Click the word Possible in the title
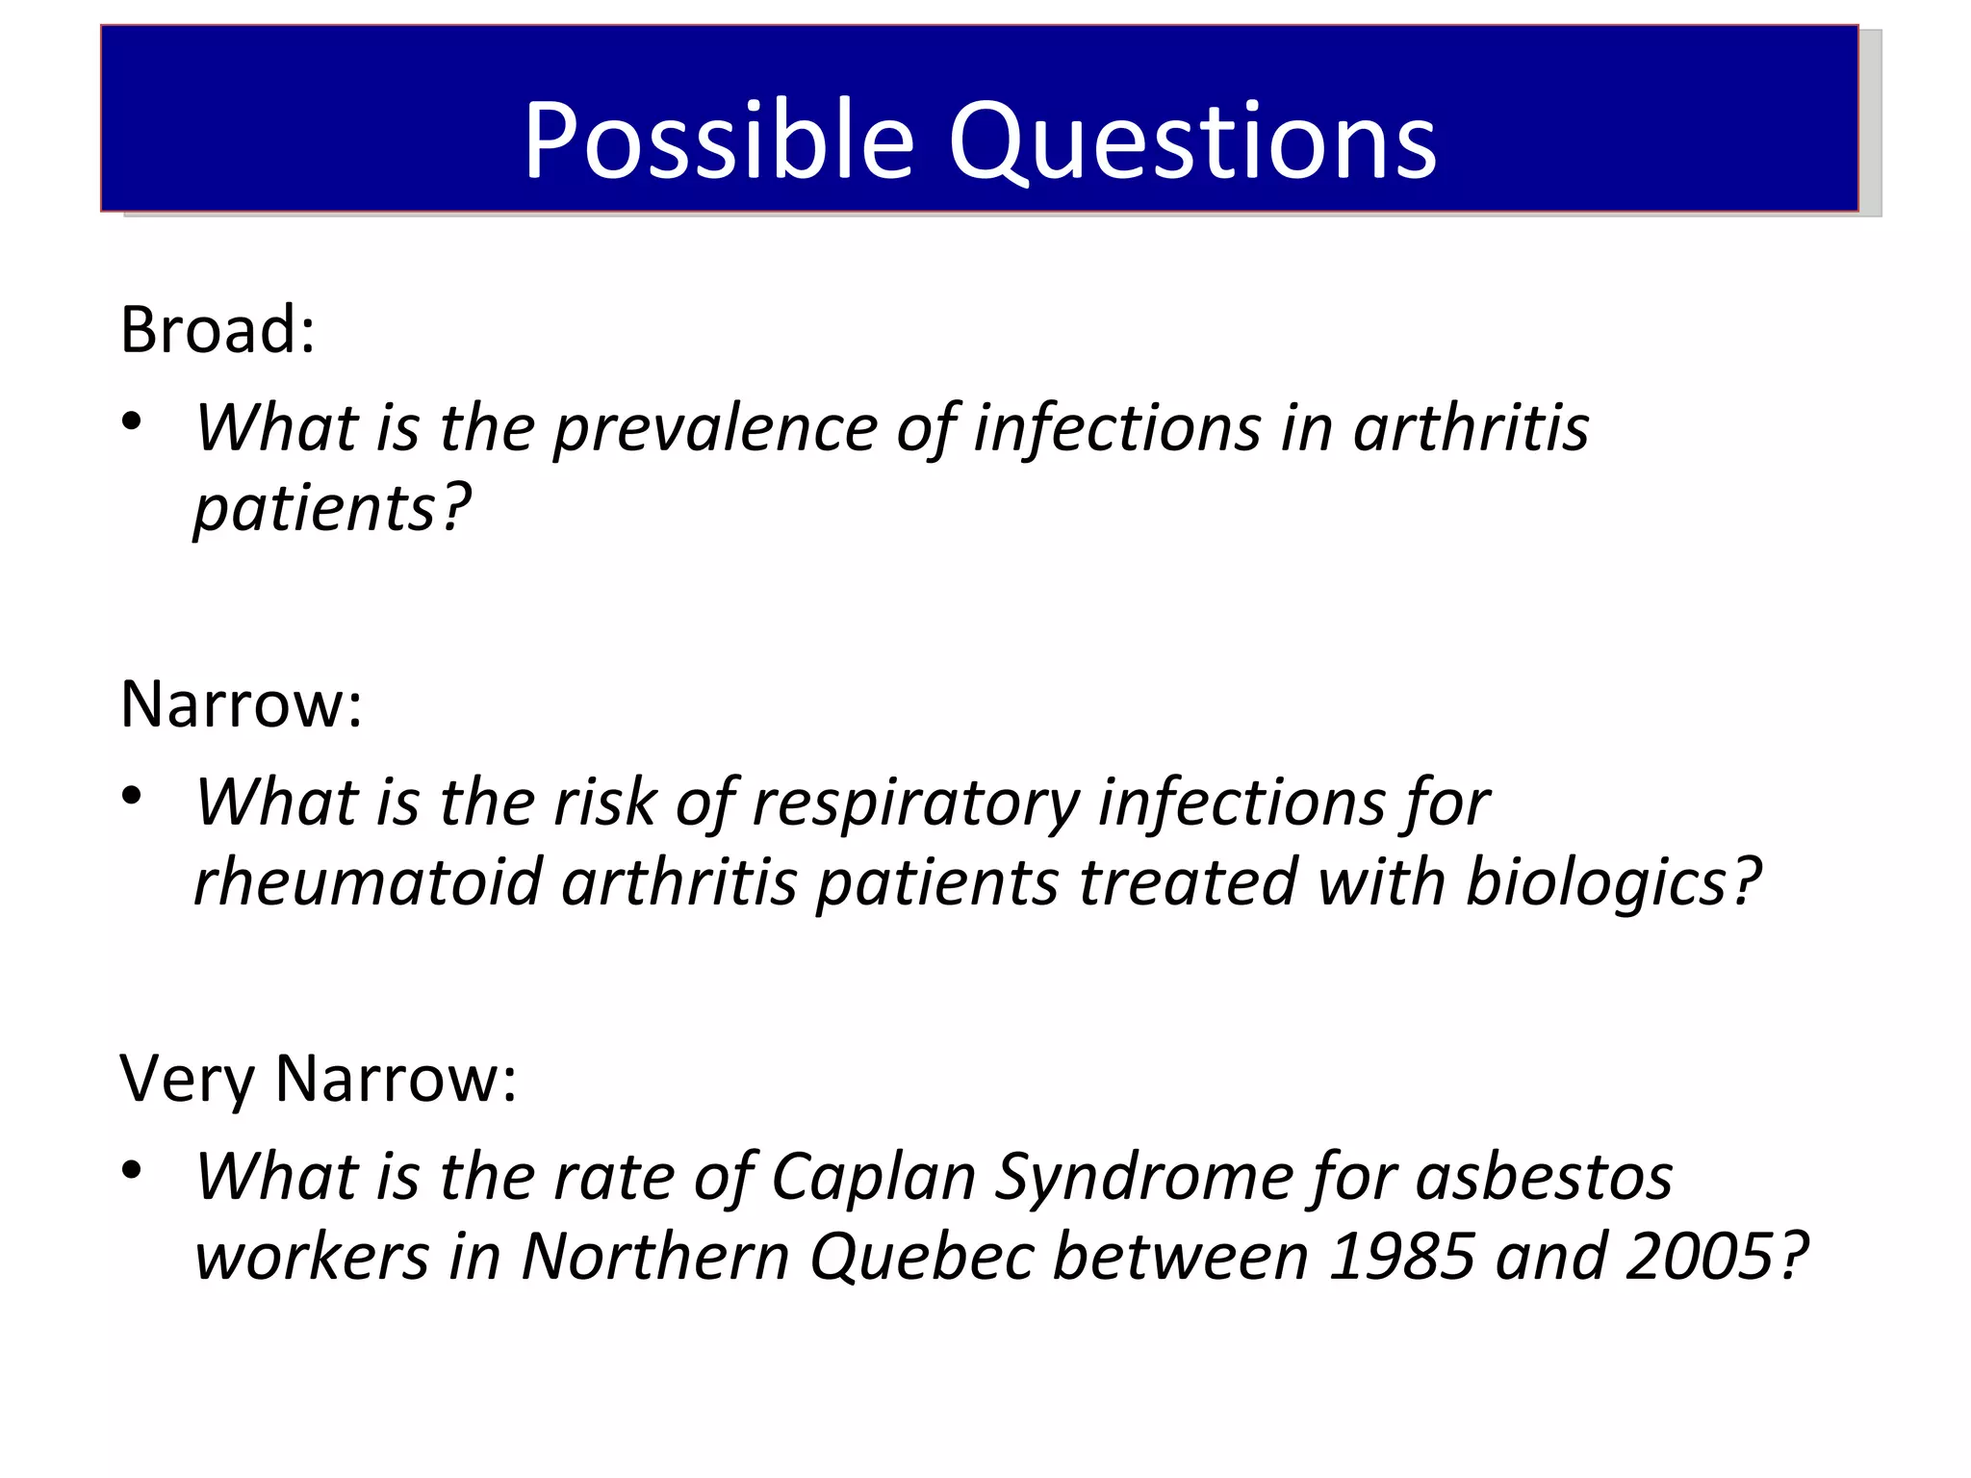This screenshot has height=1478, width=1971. point(717,140)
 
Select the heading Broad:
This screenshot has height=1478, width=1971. point(218,329)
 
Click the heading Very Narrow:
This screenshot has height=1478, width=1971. point(318,1078)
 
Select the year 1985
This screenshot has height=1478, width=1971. point(1400,1256)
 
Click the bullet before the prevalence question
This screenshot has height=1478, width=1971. point(132,421)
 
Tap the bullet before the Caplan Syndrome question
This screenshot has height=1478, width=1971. point(132,1170)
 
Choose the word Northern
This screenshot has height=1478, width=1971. point(655,1256)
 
